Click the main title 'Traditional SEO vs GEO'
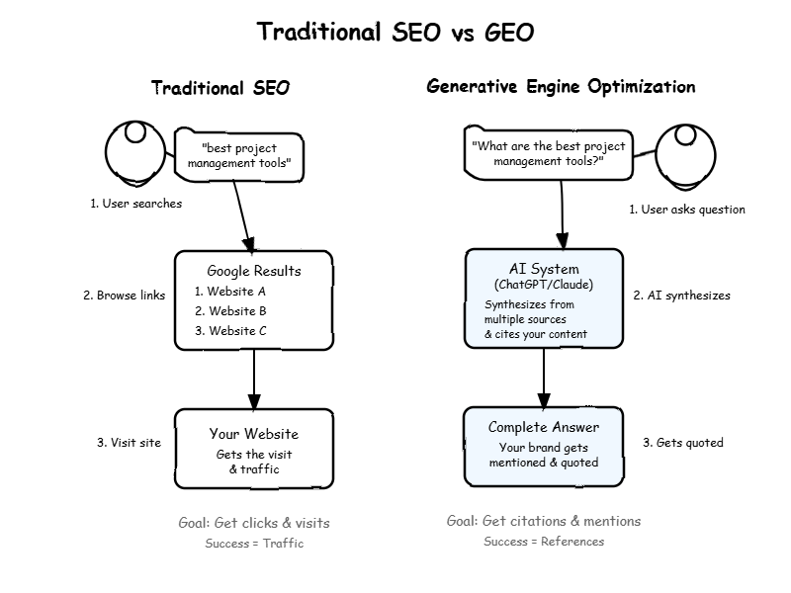[395, 33]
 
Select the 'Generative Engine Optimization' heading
[561, 87]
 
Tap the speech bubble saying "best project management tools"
[239, 155]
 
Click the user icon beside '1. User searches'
[135, 151]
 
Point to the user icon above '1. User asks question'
[685, 157]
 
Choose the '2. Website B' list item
[230, 311]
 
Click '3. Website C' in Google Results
[230, 331]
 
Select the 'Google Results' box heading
[254, 271]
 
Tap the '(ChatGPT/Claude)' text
[544, 285]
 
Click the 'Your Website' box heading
[254, 434]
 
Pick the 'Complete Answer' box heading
[544, 427]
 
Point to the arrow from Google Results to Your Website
[254, 380]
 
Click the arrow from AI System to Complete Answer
[544, 378]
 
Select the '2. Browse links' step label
[125, 295]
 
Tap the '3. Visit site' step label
[130, 442]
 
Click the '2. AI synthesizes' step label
[681, 296]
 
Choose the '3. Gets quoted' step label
[683, 443]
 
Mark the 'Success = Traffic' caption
[254, 543]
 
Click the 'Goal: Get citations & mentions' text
[544, 521]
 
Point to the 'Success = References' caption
[544, 541]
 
